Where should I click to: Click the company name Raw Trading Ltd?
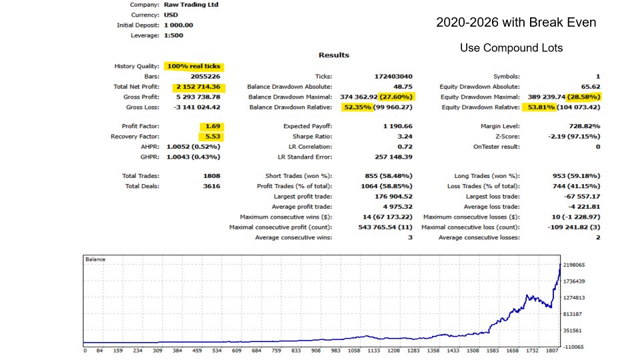coord(191,5)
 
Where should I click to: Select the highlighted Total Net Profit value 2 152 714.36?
coord(199,87)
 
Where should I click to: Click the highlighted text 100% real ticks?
coord(193,67)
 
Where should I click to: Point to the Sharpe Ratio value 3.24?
coord(403,137)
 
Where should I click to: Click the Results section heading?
coord(333,55)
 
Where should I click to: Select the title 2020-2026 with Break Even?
coord(516,23)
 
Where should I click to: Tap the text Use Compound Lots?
coord(511,49)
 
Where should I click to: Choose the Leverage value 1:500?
coord(175,35)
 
